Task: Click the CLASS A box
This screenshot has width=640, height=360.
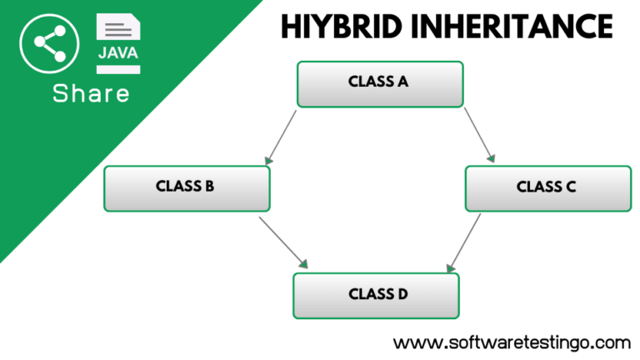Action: (x=380, y=84)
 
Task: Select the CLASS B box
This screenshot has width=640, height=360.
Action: (x=187, y=188)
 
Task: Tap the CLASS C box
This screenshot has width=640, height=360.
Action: (x=548, y=188)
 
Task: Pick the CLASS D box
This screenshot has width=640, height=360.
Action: (x=377, y=296)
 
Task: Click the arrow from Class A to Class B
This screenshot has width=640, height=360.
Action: (x=280, y=137)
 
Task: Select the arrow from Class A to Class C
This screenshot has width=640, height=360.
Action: (x=480, y=135)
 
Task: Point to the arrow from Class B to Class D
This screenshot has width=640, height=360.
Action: (x=283, y=242)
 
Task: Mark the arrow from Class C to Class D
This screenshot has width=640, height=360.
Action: (x=463, y=242)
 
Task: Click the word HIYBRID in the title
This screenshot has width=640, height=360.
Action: (x=342, y=27)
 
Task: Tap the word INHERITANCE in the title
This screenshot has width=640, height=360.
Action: (x=512, y=27)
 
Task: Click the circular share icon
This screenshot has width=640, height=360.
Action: (x=49, y=43)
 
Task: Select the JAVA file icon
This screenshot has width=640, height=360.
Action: (x=118, y=43)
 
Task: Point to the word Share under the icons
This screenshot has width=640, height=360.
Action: (x=91, y=93)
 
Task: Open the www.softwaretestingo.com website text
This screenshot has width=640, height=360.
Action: (x=512, y=342)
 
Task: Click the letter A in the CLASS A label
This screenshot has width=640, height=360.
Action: (x=402, y=82)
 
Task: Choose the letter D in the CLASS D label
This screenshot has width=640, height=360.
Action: (x=402, y=294)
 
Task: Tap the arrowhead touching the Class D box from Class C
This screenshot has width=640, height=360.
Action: (x=451, y=267)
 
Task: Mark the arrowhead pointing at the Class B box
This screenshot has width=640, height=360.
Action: (x=268, y=160)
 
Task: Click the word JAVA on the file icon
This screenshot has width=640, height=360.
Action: (x=118, y=53)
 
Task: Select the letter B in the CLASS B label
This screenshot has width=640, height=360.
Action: (x=209, y=186)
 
